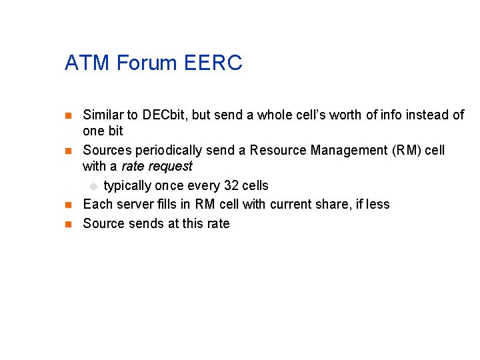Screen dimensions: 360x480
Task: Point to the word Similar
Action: click(x=103, y=115)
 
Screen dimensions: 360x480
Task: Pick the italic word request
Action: click(x=171, y=166)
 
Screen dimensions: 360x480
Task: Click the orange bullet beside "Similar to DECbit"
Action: click(x=67, y=116)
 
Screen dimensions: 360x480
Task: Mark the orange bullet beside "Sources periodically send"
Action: click(x=67, y=151)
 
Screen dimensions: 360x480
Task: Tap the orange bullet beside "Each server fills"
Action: click(x=67, y=205)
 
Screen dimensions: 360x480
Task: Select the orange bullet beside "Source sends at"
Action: click(x=67, y=224)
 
